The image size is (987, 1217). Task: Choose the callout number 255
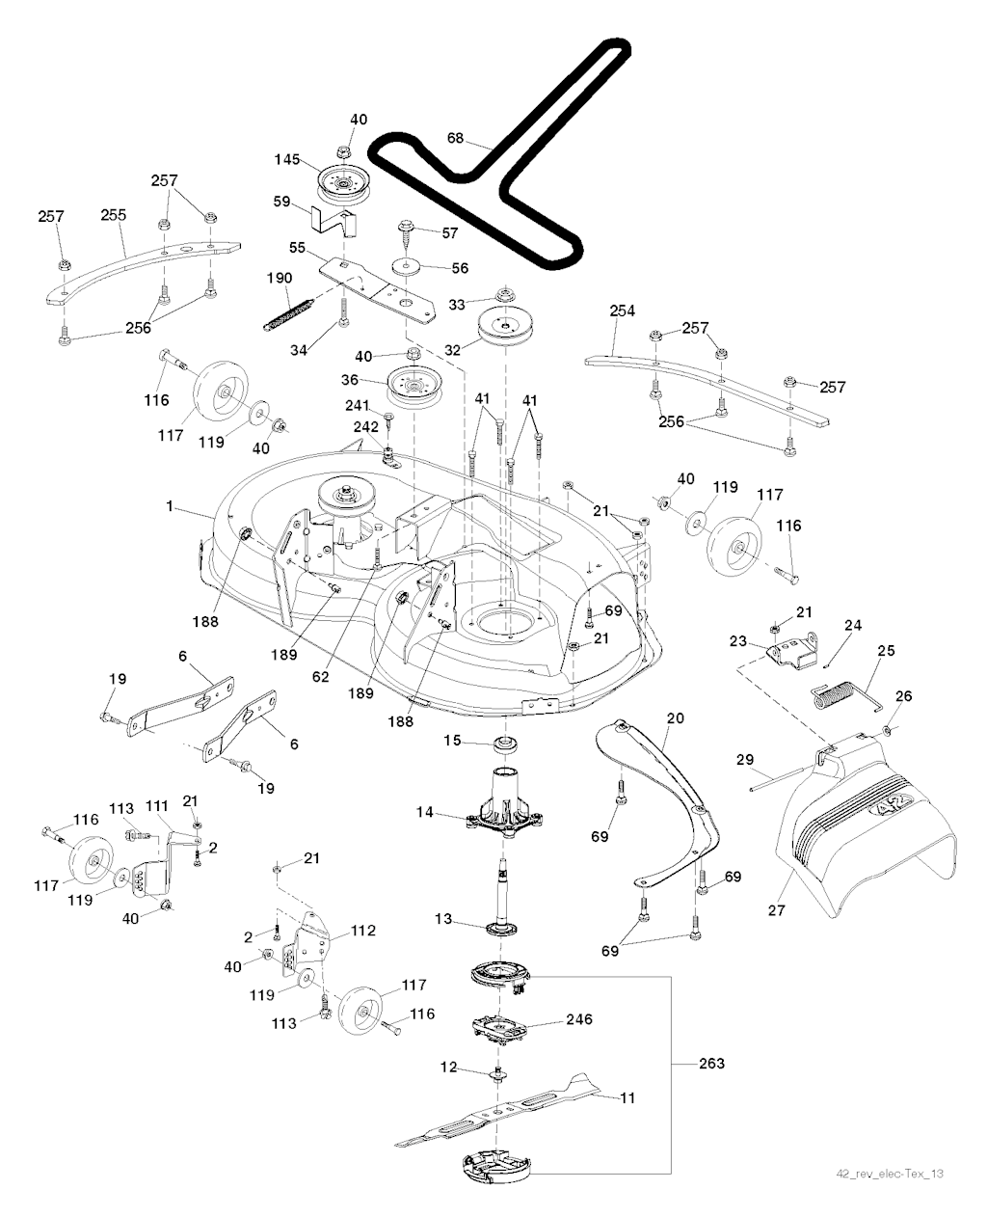pyautogui.click(x=114, y=216)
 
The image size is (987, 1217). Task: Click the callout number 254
pyautogui.click(x=623, y=311)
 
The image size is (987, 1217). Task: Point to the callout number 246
pyautogui.click(x=578, y=1019)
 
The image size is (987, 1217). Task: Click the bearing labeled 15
pyautogui.click(x=502, y=744)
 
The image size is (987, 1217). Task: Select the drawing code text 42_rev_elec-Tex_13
pyautogui.click(x=889, y=1174)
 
